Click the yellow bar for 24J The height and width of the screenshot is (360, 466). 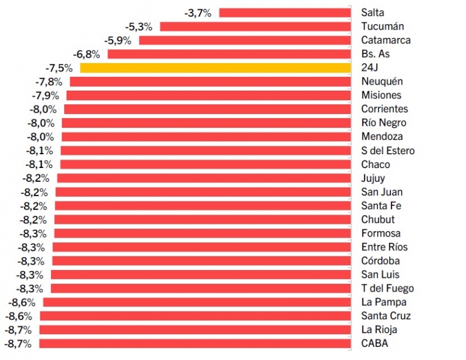point(215,68)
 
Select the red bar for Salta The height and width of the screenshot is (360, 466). point(285,13)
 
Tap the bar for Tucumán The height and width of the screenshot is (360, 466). point(255,26)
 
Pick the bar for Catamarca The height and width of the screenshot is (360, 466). point(245,40)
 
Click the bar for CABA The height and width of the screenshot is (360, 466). point(195,344)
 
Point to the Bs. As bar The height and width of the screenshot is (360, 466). point(229,54)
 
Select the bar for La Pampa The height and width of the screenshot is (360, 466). point(197,302)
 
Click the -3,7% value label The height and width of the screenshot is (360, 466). point(198,13)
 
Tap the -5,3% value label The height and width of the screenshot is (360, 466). point(139,26)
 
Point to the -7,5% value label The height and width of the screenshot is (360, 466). point(59,68)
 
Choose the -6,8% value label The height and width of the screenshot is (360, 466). point(86,54)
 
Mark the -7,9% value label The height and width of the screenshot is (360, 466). point(45,95)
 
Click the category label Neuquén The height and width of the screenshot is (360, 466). point(382,82)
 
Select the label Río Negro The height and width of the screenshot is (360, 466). point(384,123)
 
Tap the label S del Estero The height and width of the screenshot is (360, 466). point(388,151)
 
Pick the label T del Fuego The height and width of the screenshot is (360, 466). point(387,289)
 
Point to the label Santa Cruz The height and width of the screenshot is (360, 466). point(386,316)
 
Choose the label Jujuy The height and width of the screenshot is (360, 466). point(373,178)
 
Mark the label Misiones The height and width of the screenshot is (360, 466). point(381,95)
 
